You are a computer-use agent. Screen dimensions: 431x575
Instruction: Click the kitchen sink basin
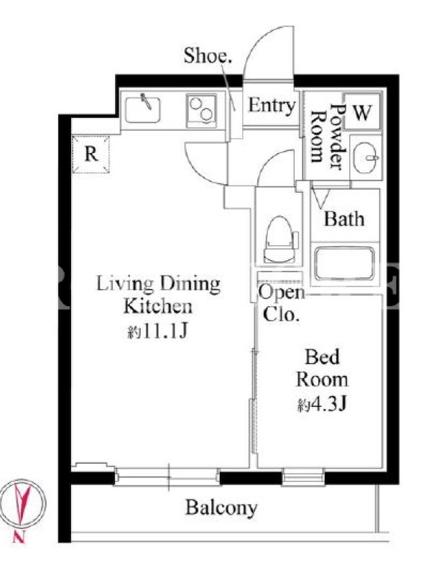click(x=142, y=109)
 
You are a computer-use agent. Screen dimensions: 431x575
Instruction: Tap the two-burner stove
click(x=201, y=111)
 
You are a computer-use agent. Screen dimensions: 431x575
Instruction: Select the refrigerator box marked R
click(x=91, y=154)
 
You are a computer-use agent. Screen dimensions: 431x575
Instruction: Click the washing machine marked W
click(x=362, y=111)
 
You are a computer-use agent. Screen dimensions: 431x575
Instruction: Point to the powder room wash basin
click(x=366, y=157)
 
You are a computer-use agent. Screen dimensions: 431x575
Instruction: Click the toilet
click(x=280, y=239)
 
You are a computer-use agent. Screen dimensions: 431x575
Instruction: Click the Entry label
click(x=272, y=106)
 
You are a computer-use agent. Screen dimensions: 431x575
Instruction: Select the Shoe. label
click(x=208, y=56)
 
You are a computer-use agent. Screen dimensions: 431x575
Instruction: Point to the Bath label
click(x=344, y=219)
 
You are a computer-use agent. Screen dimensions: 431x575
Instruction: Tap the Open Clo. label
click(x=282, y=304)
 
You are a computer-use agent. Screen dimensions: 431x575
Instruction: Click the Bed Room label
click(x=322, y=368)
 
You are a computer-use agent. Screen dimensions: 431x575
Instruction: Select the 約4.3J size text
click(x=322, y=405)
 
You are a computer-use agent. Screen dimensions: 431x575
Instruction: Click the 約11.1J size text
click(x=158, y=332)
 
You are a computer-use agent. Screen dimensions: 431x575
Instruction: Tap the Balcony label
click(x=221, y=508)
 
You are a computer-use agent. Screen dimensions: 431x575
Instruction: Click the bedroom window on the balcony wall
click(x=303, y=477)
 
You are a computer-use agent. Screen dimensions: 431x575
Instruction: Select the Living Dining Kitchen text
click(x=158, y=295)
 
